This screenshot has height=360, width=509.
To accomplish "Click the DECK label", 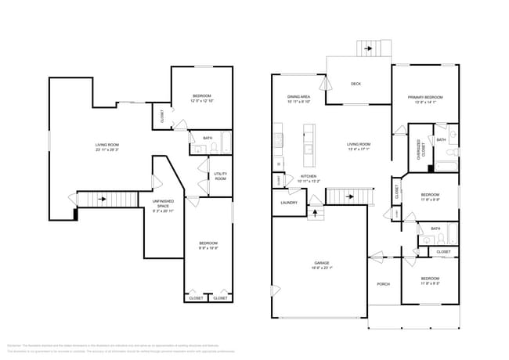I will (356, 84).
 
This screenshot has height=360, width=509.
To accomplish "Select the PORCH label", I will (384, 284).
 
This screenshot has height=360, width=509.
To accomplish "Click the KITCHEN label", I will (309, 176).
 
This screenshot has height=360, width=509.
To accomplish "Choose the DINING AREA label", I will (299, 96).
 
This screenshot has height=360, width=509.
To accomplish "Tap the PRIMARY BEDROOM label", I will (425, 97).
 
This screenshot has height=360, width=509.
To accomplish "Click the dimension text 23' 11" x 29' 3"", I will (107, 149).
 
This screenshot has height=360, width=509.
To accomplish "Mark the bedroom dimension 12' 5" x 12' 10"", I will (202, 101).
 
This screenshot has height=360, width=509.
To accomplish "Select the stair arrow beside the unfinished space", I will (102, 200).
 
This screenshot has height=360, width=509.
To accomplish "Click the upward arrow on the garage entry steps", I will (316, 211).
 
